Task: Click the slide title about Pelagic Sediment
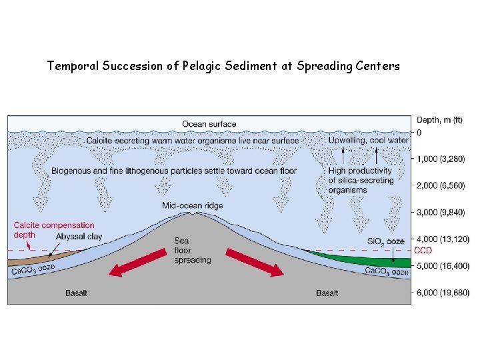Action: [223, 66]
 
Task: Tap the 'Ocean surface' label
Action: [209, 124]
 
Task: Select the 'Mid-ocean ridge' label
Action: [193, 205]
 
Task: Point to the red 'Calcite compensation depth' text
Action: [54, 230]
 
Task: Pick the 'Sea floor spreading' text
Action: [192, 250]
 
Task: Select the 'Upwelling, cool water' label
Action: [368, 140]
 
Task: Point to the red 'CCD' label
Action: [423, 251]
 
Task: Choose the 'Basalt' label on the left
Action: [76, 293]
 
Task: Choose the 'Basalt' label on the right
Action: [327, 293]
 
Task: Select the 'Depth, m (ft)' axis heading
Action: [439, 120]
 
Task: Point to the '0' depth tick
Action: [419, 133]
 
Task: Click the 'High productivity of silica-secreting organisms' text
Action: [360, 180]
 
